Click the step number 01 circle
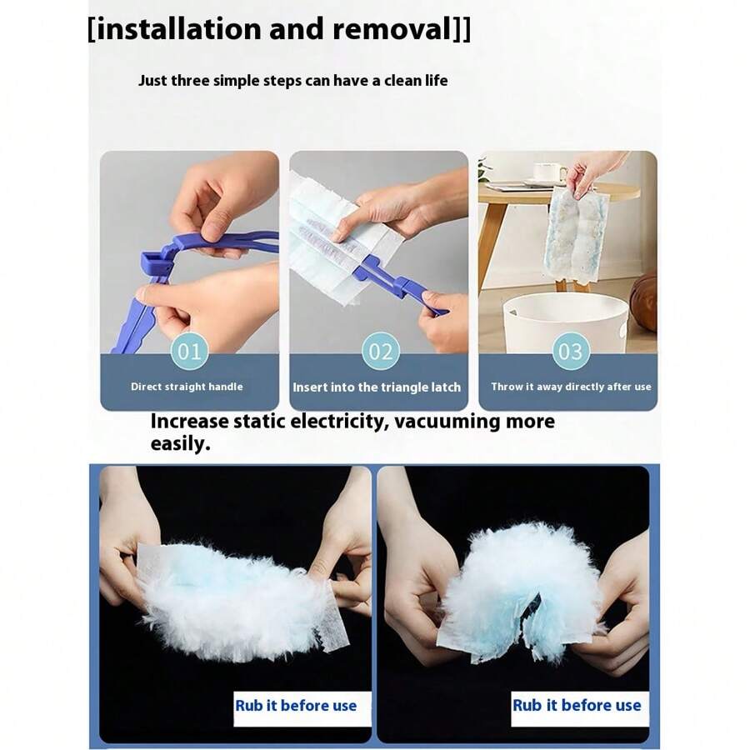point(189,351)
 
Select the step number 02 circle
point(380,351)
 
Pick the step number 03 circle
point(570,351)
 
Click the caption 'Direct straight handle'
point(187,387)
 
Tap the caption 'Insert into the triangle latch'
point(377,387)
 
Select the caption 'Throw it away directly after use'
point(571,387)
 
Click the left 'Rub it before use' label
point(296,705)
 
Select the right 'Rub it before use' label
point(577,705)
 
